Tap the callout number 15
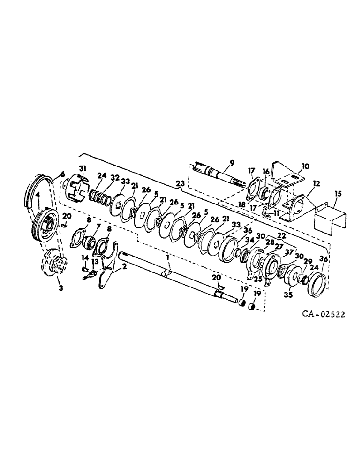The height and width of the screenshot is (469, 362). (338, 193)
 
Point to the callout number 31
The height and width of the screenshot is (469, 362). (82, 168)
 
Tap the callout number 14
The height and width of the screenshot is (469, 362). (85, 257)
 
